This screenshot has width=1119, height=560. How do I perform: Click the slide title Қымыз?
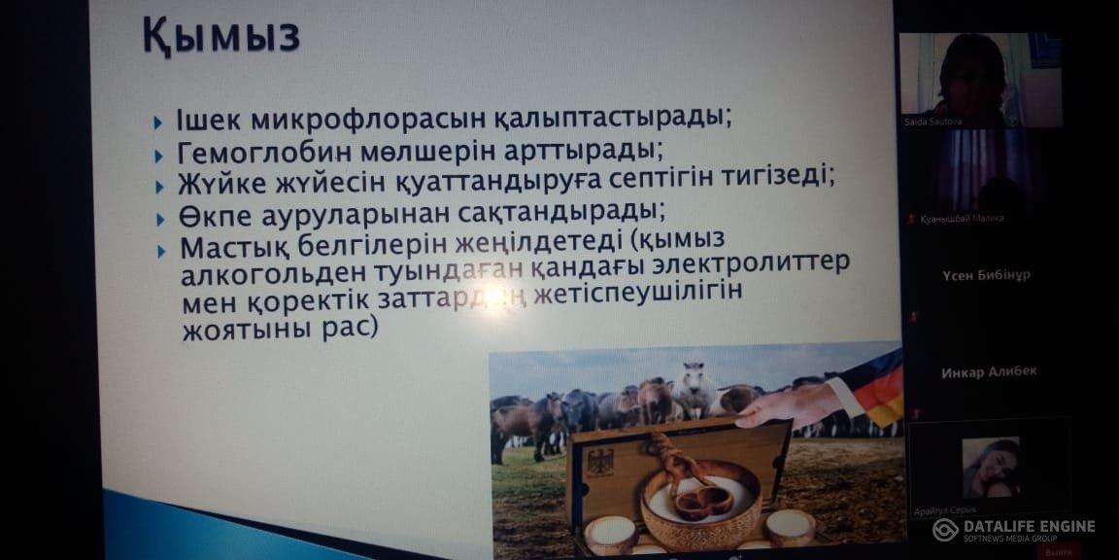tap(220, 37)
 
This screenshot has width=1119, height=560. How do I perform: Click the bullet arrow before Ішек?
tap(158, 123)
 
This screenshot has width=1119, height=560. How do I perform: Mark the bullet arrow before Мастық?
tap(161, 250)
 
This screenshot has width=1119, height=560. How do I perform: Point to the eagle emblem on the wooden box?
tap(599, 461)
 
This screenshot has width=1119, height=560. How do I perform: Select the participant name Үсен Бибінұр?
tap(986, 275)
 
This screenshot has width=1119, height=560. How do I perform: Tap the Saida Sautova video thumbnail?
tap(979, 77)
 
